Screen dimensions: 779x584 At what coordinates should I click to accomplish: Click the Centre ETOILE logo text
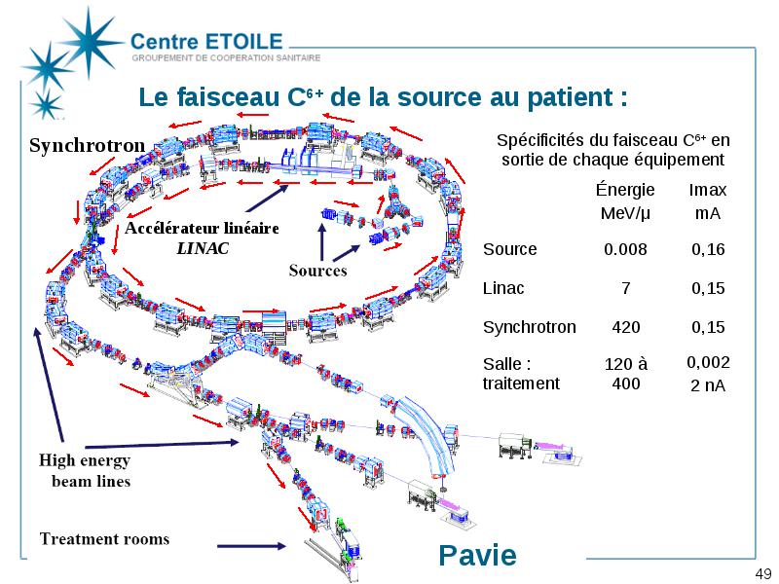tap(206, 41)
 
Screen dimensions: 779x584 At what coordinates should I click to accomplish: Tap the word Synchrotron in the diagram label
tap(87, 145)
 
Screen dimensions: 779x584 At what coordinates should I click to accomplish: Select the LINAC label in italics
tap(203, 248)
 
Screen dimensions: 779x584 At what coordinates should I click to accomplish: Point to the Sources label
tap(318, 271)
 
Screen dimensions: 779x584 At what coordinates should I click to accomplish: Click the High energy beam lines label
tap(85, 471)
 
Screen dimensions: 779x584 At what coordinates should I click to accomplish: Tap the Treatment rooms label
tap(104, 539)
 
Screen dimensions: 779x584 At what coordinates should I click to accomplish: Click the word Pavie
tap(477, 555)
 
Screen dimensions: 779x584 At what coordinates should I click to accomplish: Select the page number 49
tap(763, 573)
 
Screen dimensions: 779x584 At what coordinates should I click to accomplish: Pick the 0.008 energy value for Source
tap(625, 249)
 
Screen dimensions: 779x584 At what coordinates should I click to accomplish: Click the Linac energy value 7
tap(626, 288)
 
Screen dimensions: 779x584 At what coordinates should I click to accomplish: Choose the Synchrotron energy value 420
tap(626, 327)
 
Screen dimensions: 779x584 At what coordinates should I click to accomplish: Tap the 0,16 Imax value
tap(708, 249)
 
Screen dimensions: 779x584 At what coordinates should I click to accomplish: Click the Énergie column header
tap(625, 189)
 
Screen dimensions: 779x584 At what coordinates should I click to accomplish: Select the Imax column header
tap(708, 190)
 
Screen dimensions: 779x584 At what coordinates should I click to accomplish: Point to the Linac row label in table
tap(503, 288)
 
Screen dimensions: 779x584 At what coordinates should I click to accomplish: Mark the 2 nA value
tap(708, 385)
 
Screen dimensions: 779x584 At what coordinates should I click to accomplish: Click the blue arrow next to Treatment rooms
tap(251, 546)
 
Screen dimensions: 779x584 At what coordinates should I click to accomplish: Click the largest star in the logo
tap(90, 42)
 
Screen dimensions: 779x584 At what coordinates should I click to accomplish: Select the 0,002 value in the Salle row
tap(708, 362)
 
